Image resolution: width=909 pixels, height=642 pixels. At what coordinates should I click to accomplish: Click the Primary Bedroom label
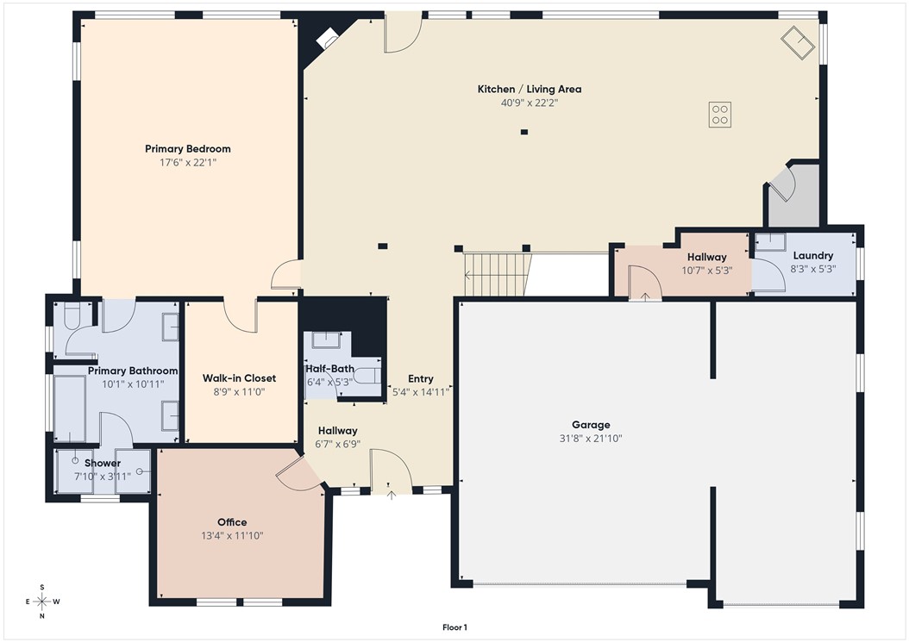coord(187,149)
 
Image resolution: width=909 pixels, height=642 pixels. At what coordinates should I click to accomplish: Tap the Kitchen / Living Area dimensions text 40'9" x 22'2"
coord(530,103)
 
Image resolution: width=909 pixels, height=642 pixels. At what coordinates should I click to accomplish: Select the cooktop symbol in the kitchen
coord(720,115)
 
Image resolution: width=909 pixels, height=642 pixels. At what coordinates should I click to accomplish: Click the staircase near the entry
coord(495,275)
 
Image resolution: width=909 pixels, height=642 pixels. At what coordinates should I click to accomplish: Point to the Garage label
coord(591,425)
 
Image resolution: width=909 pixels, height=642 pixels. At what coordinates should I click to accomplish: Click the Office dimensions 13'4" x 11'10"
coord(232,535)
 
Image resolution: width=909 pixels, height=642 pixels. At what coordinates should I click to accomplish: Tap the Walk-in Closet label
coord(239,378)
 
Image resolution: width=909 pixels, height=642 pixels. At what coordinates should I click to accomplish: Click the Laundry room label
coord(812,256)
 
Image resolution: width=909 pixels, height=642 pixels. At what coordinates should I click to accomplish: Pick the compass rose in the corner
coord(41,601)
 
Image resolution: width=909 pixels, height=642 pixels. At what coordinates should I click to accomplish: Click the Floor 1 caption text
coord(454,627)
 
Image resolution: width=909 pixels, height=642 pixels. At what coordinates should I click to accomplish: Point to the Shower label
coord(102,463)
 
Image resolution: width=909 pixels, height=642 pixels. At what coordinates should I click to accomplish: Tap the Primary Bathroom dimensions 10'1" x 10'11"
coord(133,383)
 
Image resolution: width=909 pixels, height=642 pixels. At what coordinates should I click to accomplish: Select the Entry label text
coord(421,379)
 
